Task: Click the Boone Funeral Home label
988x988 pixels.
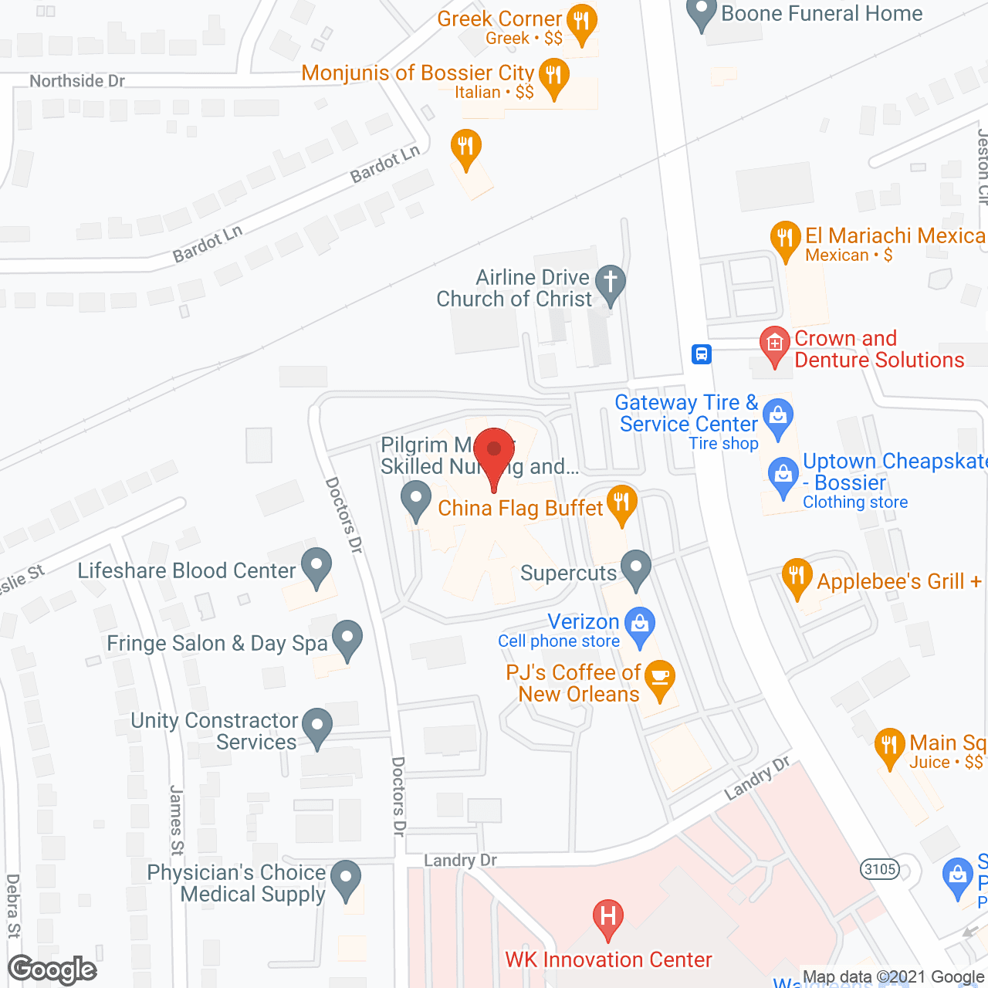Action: coord(821,13)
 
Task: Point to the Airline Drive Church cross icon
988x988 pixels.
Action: coord(610,283)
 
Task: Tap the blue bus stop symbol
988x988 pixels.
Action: coord(701,354)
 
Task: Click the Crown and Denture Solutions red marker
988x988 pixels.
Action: coord(774,344)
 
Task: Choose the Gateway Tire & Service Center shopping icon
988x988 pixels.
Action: coord(778,416)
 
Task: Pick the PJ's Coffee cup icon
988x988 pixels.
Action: coord(659,677)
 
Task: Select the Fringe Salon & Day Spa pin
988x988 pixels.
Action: coord(347,638)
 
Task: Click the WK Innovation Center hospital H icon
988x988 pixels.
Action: coord(608,917)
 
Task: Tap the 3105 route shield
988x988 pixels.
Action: coord(880,869)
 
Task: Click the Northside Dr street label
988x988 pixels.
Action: coord(77,81)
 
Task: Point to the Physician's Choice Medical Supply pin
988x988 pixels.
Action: coord(345,878)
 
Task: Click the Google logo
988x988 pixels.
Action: coord(52,969)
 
